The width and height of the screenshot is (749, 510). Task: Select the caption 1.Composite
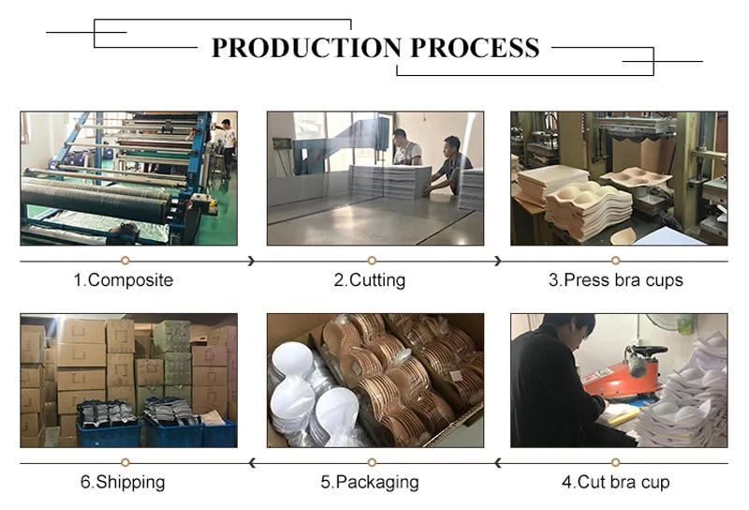click(x=123, y=279)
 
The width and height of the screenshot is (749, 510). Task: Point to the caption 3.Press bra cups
click(x=615, y=279)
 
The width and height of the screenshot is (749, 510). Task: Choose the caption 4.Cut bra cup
click(x=615, y=482)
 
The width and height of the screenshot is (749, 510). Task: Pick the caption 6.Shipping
click(x=123, y=482)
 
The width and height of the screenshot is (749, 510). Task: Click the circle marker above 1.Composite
click(x=125, y=260)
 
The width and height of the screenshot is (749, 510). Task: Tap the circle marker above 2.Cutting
click(x=372, y=260)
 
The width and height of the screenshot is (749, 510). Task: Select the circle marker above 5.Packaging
click(x=372, y=462)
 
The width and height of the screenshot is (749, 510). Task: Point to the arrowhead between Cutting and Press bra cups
click(x=497, y=261)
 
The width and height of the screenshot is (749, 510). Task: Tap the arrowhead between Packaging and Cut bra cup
click(x=497, y=462)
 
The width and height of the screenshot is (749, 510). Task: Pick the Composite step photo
click(x=128, y=178)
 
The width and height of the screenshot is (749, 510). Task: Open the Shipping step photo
click(x=128, y=380)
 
